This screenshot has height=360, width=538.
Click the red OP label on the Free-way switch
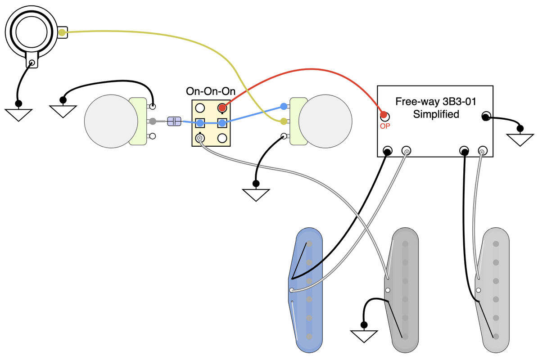click(385, 126)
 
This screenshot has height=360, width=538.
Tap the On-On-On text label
click(211, 91)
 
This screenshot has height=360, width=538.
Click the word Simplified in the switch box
click(436, 114)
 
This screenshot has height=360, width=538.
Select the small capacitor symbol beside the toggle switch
click(174, 121)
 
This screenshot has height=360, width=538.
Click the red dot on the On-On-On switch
click(222, 108)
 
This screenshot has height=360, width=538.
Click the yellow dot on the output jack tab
click(62, 32)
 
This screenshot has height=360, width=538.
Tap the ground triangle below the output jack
click(18, 114)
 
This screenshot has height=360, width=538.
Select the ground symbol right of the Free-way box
click(520, 139)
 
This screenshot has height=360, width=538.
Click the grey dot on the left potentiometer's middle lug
click(153, 121)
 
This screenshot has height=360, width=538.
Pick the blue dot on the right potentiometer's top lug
click(283, 107)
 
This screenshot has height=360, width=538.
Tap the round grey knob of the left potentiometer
click(111, 121)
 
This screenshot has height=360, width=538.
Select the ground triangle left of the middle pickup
click(364, 335)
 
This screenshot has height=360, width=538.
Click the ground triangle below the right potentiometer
click(256, 194)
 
